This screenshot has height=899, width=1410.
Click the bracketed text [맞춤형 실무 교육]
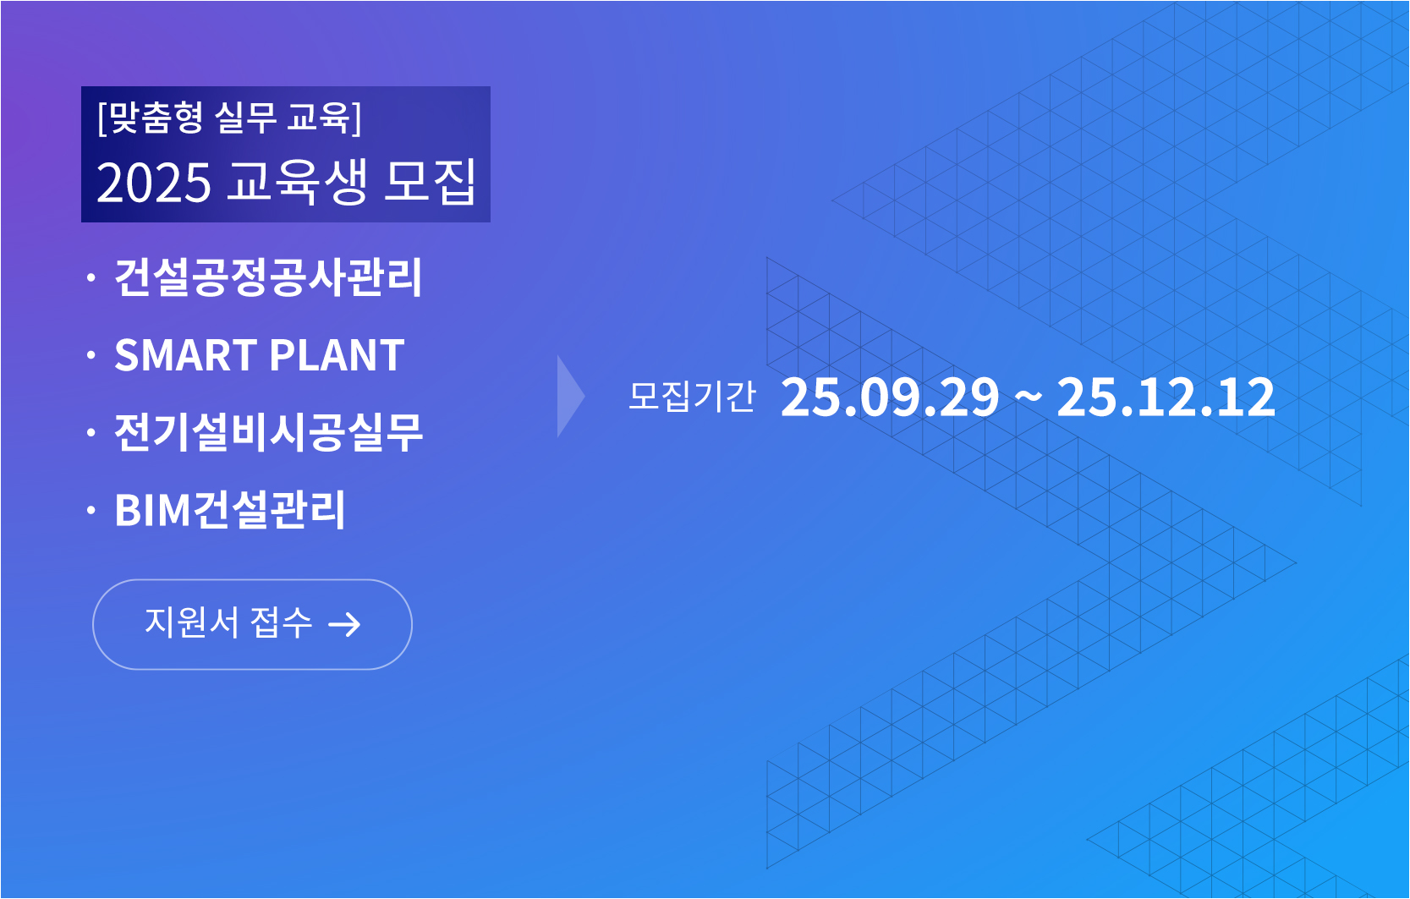[x=229, y=117]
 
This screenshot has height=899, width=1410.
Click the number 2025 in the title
[x=153, y=183]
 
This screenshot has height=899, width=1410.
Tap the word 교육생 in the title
[x=297, y=181]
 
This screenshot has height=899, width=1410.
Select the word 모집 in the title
[x=430, y=181]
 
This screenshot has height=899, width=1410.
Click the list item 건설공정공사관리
[x=268, y=277]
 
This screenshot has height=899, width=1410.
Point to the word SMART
[x=186, y=355]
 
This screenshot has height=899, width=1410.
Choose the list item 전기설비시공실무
[x=268, y=433]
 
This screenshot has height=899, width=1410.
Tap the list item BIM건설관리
[x=230, y=510]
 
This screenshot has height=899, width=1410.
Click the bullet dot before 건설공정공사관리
[x=91, y=277]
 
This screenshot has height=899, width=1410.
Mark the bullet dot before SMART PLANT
[x=91, y=355]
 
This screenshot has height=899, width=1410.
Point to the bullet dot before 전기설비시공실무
[x=91, y=433]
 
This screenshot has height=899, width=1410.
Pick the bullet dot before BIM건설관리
[x=91, y=510]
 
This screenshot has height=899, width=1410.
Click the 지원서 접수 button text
[x=228, y=623]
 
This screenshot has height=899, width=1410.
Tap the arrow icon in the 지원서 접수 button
[x=344, y=625]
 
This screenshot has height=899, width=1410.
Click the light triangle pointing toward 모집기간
[x=569, y=396]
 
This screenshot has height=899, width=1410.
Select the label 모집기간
[x=692, y=396]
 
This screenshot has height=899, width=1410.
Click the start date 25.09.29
[x=890, y=397]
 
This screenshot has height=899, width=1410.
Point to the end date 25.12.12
[x=1166, y=397]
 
